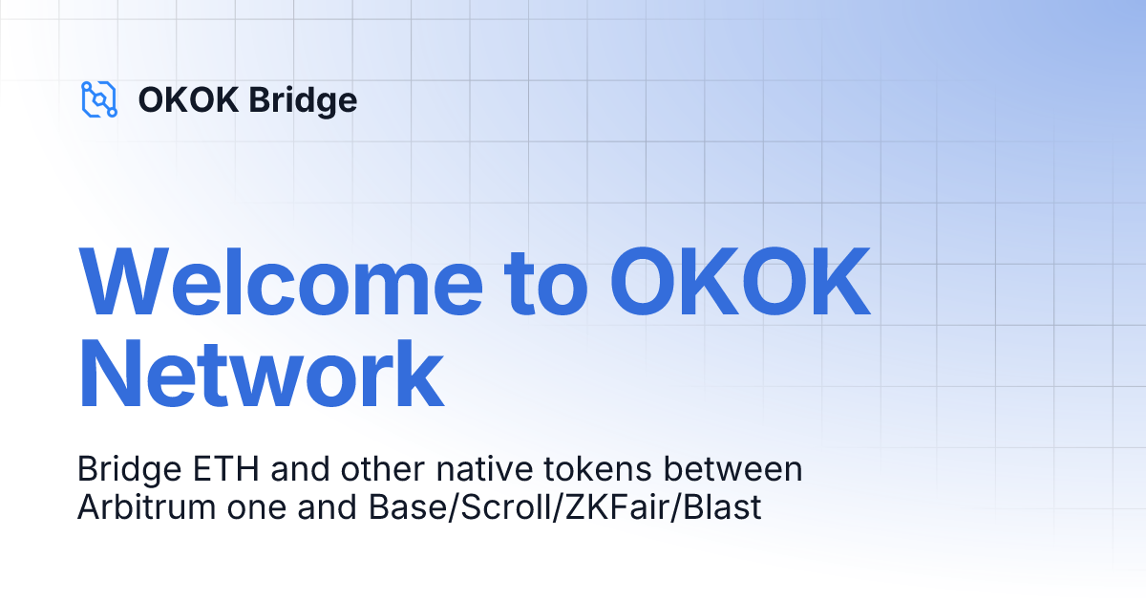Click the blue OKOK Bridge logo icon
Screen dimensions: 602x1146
99,99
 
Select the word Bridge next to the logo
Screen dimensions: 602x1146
303,100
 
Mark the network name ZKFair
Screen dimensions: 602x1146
610,507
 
